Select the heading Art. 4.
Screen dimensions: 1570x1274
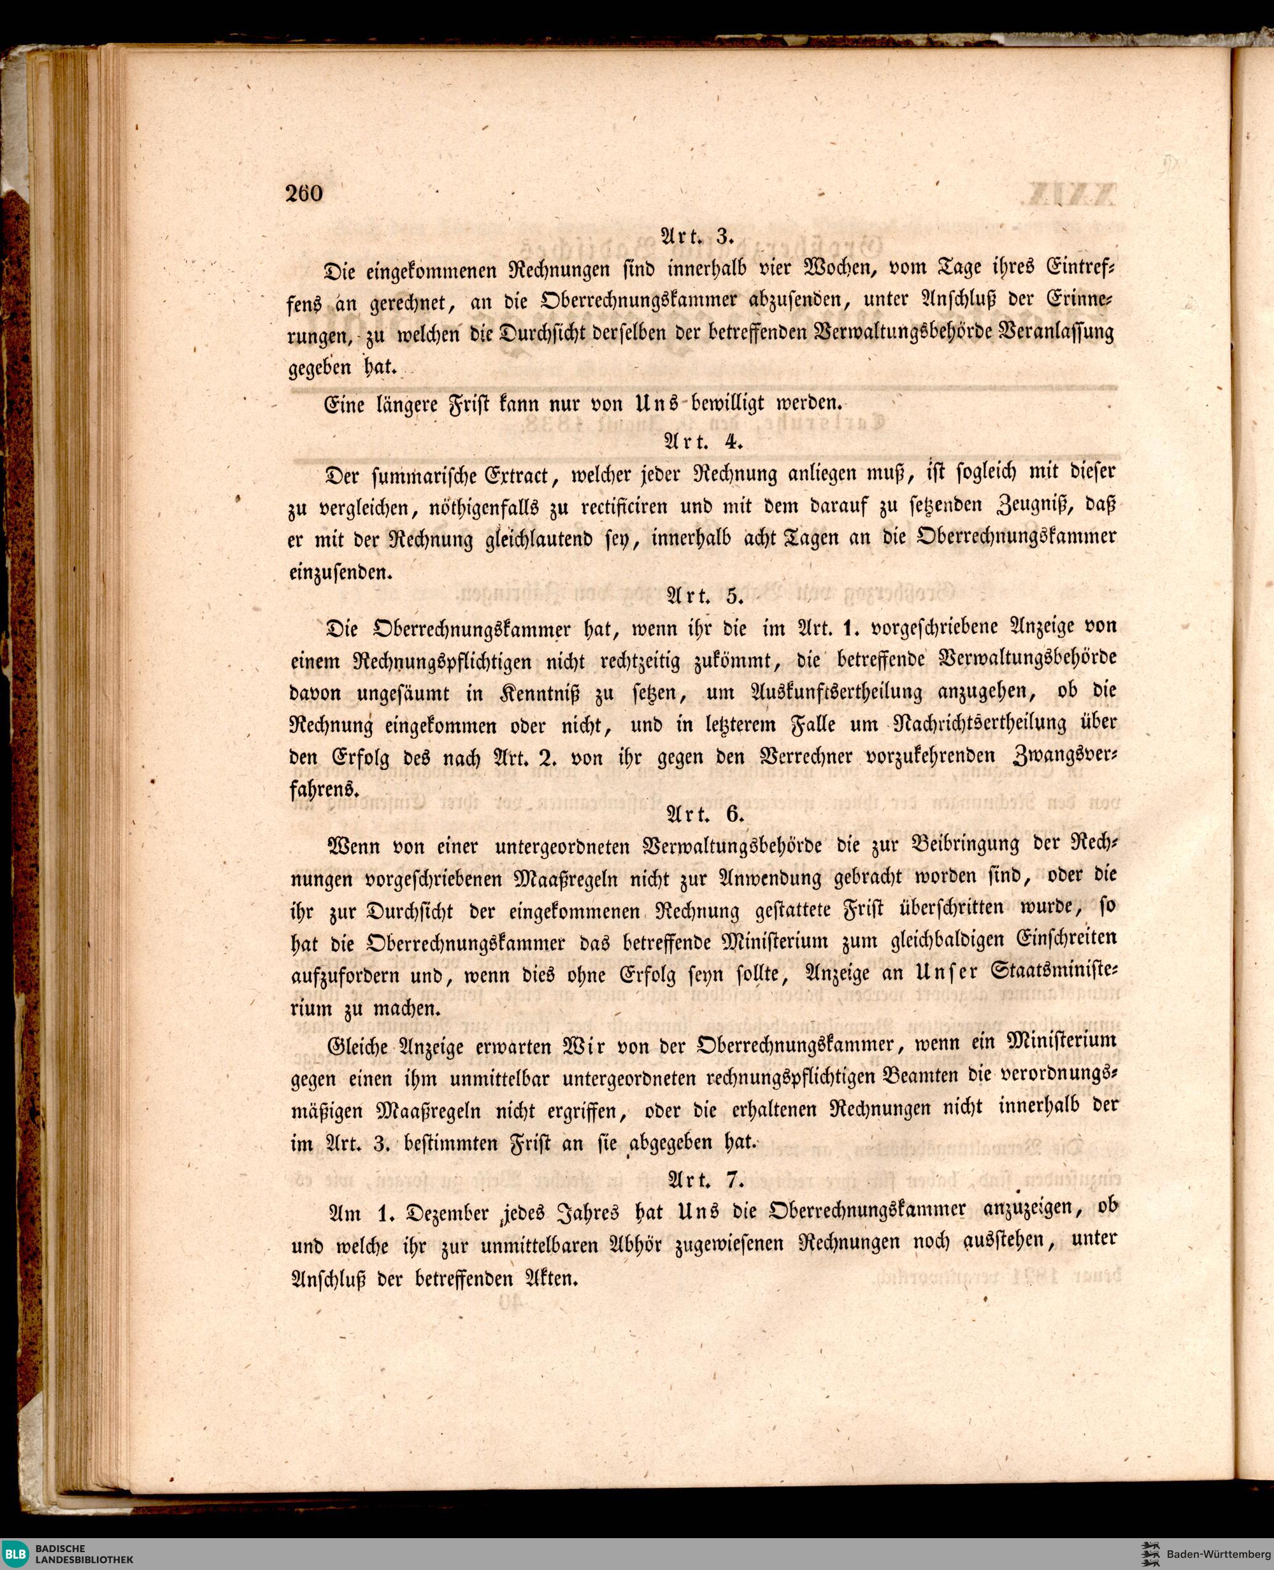click(x=705, y=441)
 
